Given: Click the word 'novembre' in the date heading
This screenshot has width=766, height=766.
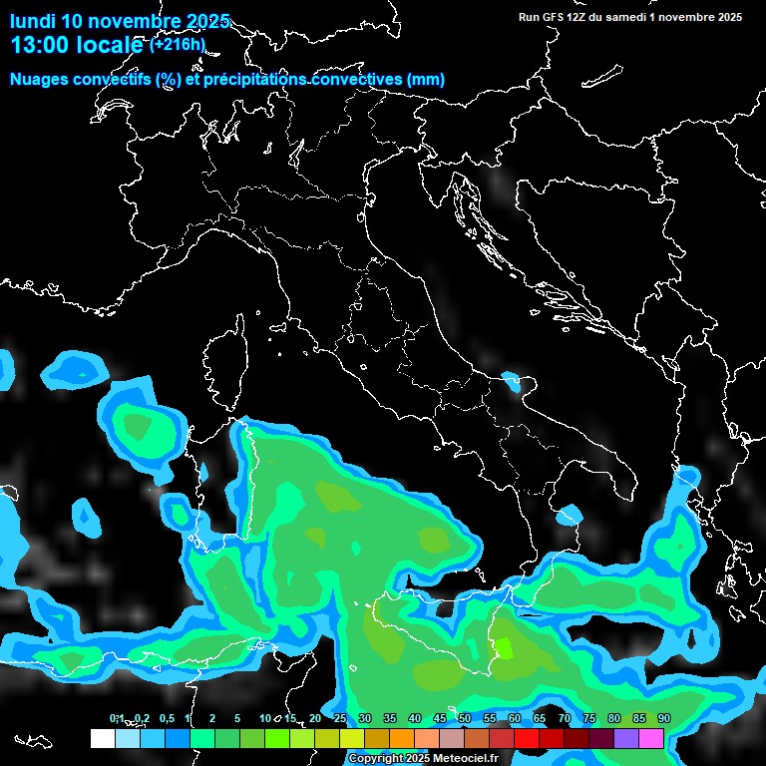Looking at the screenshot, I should (x=138, y=21).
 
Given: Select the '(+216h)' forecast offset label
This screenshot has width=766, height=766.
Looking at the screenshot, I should (x=177, y=45).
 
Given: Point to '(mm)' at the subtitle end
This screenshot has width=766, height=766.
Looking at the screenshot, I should (x=426, y=79).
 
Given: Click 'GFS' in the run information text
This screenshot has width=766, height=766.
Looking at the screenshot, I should (x=550, y=17).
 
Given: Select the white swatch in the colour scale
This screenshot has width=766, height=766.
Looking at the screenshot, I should (x=102, y=738).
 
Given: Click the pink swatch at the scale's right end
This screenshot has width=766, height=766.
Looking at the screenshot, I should (x=651, y=738).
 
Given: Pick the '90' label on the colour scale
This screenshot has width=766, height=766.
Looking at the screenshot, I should (x=663, y=719).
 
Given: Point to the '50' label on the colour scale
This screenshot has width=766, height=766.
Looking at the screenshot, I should (x=464, y=719).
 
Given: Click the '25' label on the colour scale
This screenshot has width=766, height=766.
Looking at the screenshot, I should (x=339, y=719).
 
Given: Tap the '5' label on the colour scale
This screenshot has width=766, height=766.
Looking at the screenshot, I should (x=237, y=719).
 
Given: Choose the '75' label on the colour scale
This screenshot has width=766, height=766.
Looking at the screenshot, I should (x=588, y=719).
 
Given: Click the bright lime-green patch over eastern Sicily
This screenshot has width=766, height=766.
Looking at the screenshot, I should (x=505, y=648).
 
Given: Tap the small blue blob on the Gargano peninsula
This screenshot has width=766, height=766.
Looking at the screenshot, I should (x=514, y=380).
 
